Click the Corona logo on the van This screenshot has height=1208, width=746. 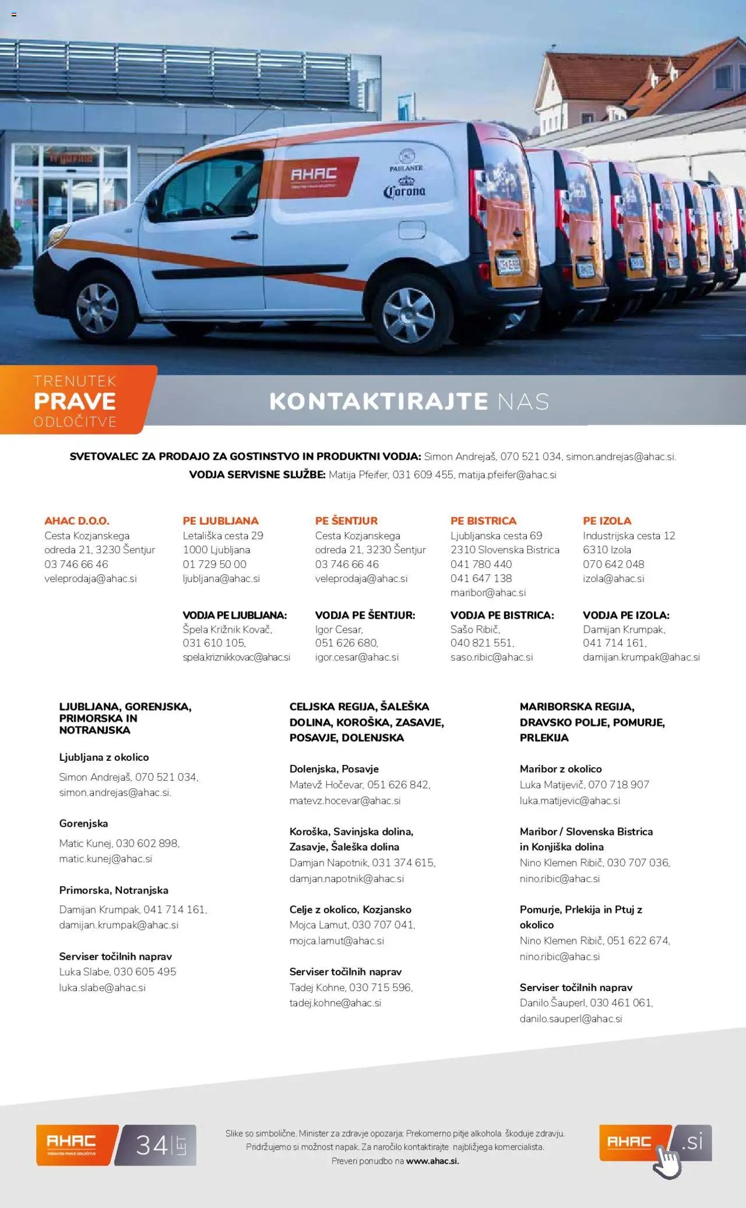point(404,190)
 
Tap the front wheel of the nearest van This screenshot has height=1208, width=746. point(97,307)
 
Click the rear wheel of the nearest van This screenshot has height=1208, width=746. point(409,315)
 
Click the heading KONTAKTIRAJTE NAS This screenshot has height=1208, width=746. point(409,401)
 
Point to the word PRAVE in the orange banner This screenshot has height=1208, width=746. point(75,401)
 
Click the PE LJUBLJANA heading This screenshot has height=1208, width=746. point(220,521)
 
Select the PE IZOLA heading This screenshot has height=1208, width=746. point(607,521)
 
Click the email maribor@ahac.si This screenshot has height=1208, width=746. point(488,592)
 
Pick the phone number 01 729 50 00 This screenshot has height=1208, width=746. point(214,564)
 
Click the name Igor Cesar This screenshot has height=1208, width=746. point(339,629)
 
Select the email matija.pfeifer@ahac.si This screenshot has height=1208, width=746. point(507,475)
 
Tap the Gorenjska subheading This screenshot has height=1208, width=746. point(83,823)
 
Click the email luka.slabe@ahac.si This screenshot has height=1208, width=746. point(102,988)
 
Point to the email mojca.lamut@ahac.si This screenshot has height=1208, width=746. point(337,940)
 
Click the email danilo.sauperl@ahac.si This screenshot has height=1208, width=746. point(571,1019)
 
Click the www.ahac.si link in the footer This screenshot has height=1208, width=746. point(432,1161)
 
